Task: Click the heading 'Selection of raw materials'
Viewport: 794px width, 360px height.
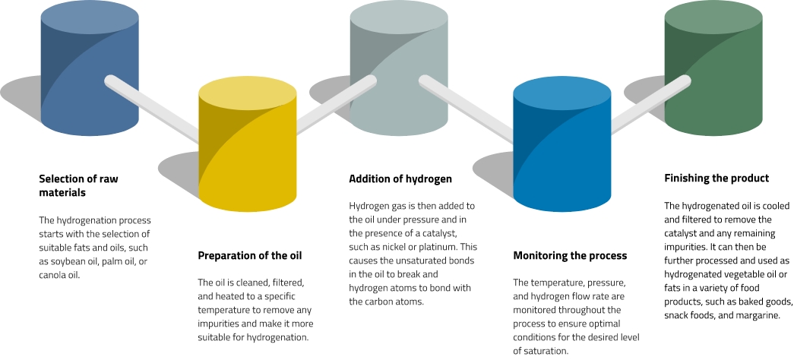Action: pos(78,186)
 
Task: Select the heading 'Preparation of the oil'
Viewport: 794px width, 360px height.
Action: pos(249,255)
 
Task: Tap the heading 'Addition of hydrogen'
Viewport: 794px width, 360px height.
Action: pos(400,179)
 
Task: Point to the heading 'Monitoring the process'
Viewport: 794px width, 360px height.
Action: pos(570,255)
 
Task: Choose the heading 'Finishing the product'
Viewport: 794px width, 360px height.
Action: pos(716,178)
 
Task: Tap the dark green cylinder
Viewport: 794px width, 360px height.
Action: pos(713,72)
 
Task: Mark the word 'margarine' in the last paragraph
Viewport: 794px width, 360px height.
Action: pos(753,314)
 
